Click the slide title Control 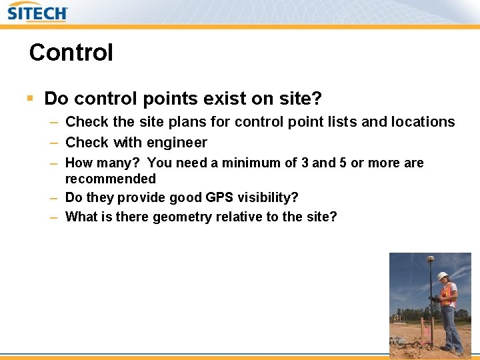click(71, 53)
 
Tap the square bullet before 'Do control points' click(30, 99)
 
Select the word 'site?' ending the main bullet click(301, 99)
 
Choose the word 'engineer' click(177, 143)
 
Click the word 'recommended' click(110, 179)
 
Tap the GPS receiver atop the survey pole click(430, 259)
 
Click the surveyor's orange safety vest click(448, 295)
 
